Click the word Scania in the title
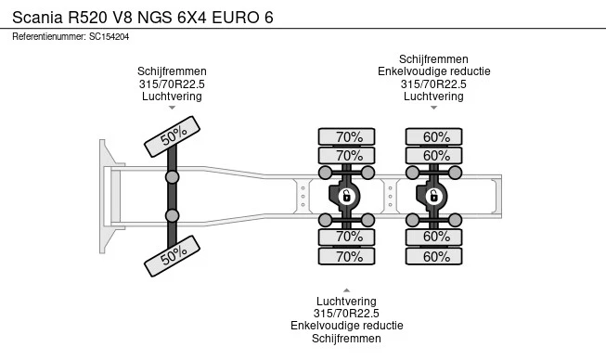(x=37, y=18)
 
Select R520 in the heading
(x=88, y=18)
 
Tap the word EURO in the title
(x=236, y=18)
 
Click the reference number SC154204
(x=109, y=37)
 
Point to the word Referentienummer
(x=49, y=37)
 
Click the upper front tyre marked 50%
(x=172, y=136)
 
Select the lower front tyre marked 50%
(x=172, y=256)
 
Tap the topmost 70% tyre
(x=347, y=136)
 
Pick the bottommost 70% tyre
(x=347, y=256)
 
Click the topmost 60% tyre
(x=433, y=136)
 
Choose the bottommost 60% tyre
(x=433, y=256)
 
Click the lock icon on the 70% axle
(x=346, y=196)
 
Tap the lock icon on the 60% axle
(x=433, y=196)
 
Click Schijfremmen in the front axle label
(x=172, y=71)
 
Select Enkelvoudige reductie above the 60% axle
(x=434, y=71)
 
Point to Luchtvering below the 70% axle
(x=346, y=302)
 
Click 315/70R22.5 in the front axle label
(x=172, y=84)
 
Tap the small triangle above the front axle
(x=172, y=108)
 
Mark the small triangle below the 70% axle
(x=347, y=290)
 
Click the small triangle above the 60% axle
(x=433, y=108)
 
